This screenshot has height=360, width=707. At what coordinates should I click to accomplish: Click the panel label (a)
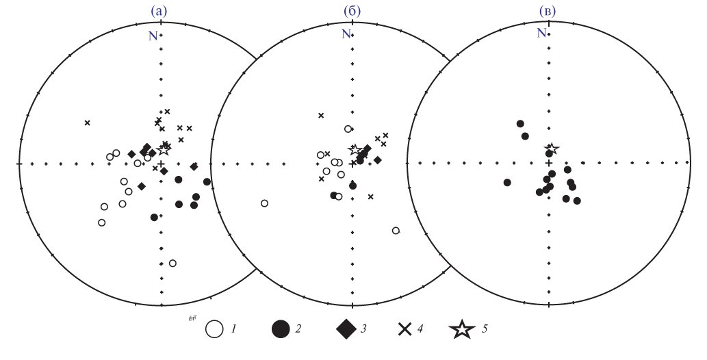(x=158, y=12)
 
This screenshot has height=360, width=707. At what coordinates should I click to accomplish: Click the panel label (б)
(x=352, y=12)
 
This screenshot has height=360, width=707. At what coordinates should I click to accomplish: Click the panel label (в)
(x=548, y=12)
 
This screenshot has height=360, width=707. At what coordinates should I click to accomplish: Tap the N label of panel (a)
(x=153, y=36)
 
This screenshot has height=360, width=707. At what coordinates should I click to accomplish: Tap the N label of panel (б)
(x=346, y=34)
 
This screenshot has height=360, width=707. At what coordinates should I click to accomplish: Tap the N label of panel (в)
(x=541, y=32)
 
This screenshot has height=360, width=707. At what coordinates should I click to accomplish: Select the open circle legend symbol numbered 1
(x=214, y=329)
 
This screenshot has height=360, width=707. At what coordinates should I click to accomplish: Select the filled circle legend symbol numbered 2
(x=281, y=329)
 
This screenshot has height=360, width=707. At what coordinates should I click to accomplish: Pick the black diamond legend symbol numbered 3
(x=347, y=329)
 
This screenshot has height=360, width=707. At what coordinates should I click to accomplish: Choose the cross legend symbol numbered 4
(x=405, y=329)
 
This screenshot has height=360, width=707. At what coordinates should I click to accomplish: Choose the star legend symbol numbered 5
(x=462, y=329)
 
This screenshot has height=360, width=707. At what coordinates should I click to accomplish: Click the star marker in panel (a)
(x=163, y=150)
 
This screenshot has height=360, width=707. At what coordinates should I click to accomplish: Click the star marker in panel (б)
(x=355, y=150)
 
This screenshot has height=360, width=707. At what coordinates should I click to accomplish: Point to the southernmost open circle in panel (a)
(x=172, y=263)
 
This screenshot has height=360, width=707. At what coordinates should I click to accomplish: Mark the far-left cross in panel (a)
(x=88, y=123)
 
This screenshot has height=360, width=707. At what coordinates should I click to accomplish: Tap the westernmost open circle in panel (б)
(x=265, y=203)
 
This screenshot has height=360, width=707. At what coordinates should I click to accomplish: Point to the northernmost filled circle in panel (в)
(x=520, y=124)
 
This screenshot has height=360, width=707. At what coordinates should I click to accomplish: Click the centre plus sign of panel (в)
(x=549, y=162)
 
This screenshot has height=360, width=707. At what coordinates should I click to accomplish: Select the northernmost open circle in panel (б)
(x=348, y=129)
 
